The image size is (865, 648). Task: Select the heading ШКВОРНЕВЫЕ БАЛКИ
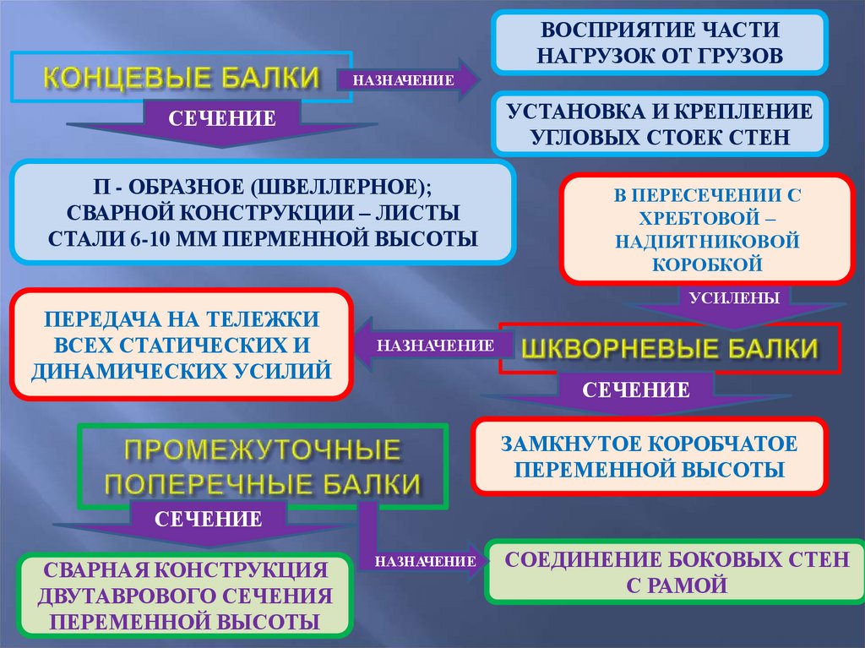(x=671, y=348)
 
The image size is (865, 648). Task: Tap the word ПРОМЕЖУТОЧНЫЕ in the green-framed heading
(x=263, y=450)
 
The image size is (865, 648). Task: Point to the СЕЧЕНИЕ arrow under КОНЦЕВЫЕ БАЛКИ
(x=222, y=119)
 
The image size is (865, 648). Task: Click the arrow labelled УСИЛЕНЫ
(x=728, y=297)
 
